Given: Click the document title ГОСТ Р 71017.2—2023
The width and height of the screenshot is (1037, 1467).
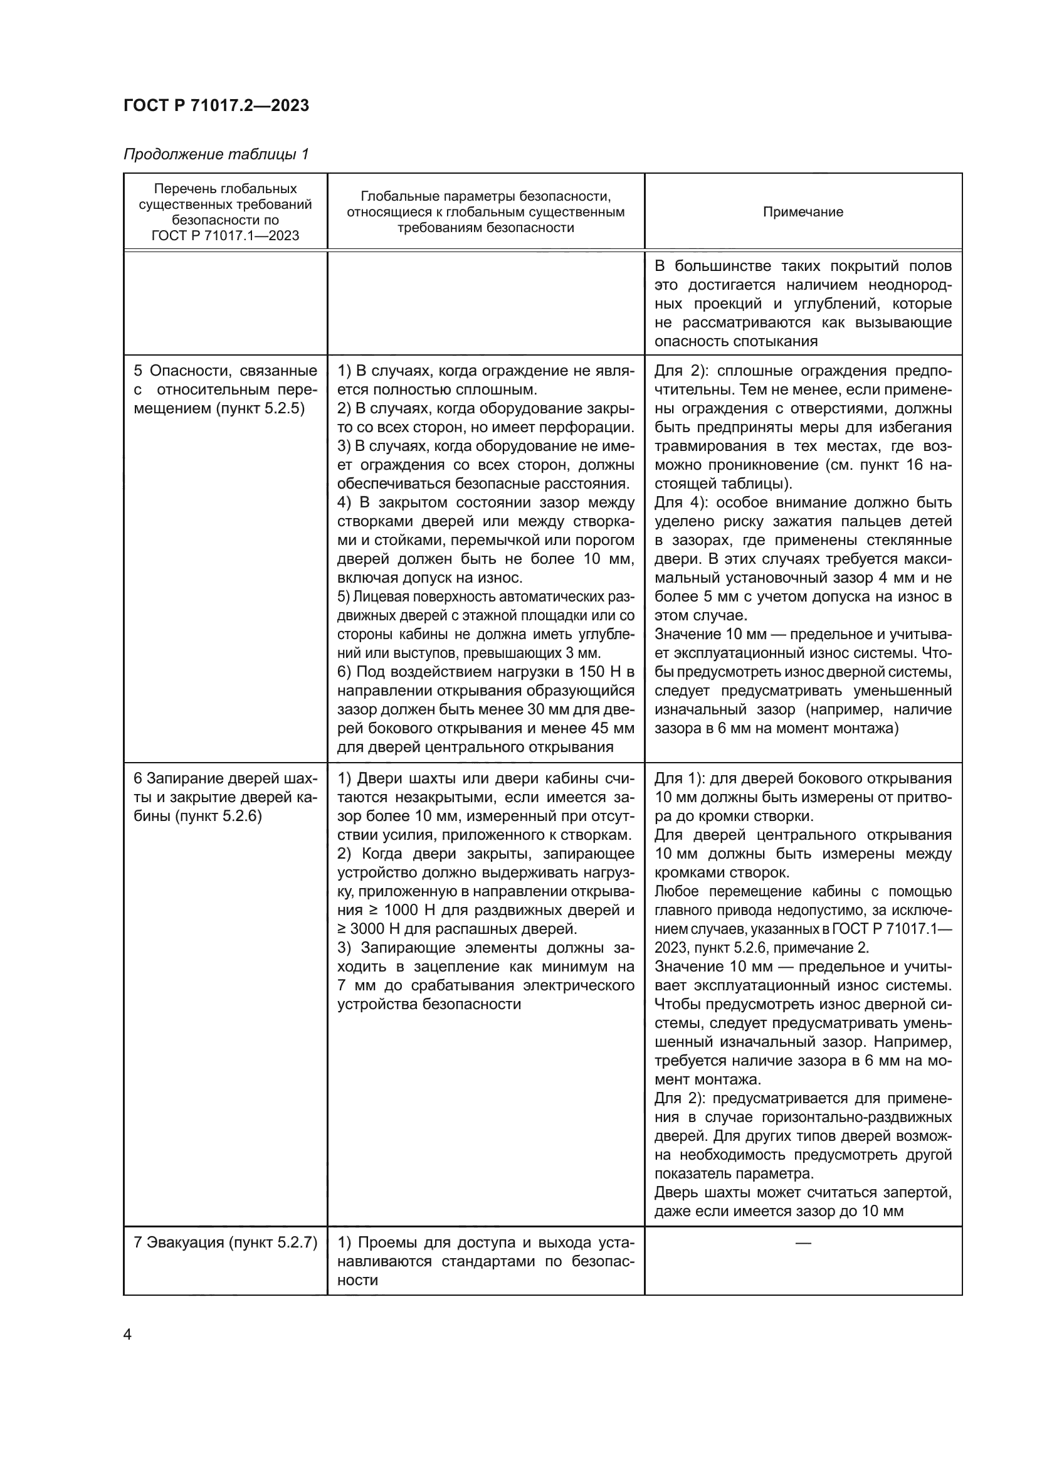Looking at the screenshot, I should click(216, 105).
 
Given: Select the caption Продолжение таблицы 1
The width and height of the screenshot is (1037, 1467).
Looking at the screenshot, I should click(216, 155).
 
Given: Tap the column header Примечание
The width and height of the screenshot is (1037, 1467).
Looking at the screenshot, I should click(803, 212).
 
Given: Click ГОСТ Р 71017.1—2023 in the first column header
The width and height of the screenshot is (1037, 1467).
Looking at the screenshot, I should click(226, 236).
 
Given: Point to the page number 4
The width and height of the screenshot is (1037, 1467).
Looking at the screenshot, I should click(128, 1335).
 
